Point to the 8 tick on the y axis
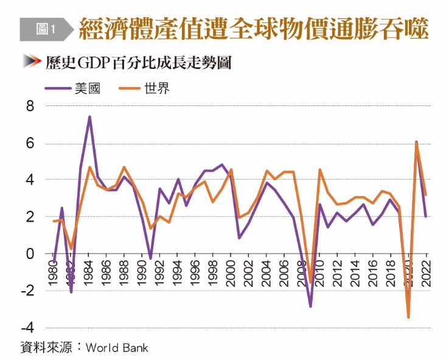[x=30, y=107]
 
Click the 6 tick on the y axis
[x=30, y=144]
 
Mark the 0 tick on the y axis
[x=30, y=253]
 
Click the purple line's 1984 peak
[x=89, y=117]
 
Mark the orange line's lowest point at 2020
[x=408, y=317]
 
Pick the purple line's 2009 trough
[x=310, y=306]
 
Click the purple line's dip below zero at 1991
[x=151, y=258]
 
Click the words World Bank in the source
[x=117, y=348]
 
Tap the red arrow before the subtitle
[x=31, y=62]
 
